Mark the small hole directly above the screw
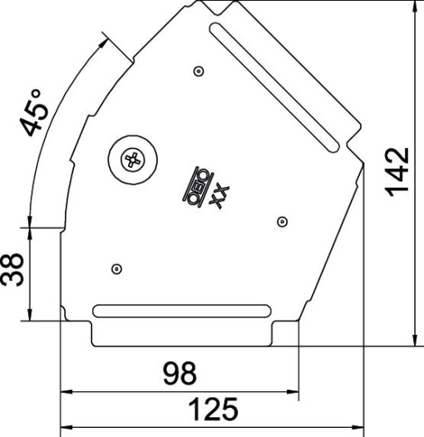coord(198,71)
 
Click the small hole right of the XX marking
coord(282,221)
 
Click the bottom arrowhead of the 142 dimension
coord(414,339)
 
